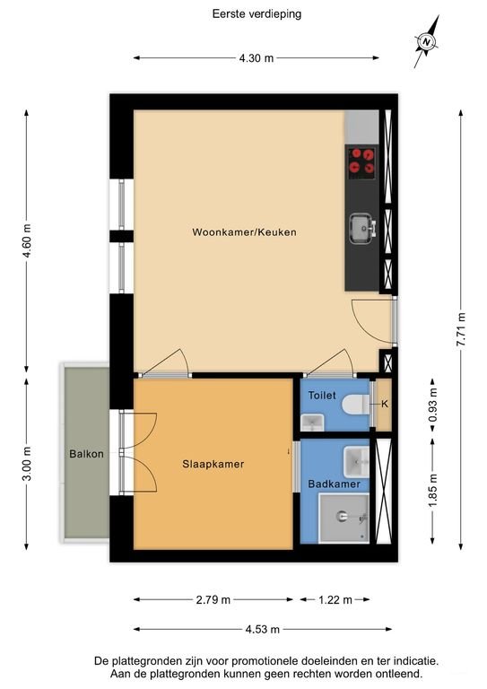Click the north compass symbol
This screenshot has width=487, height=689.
coord(427,40)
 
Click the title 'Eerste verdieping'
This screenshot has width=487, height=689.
coord(244,14)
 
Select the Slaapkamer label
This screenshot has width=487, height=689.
coord(213,464)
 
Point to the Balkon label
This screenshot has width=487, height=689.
coord(86,454)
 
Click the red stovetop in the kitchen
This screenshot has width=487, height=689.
coord(361,161)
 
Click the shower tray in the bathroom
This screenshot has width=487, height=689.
coord(344,518)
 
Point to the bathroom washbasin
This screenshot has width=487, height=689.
coord(357,461)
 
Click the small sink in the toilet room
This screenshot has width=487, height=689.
coord(312,421)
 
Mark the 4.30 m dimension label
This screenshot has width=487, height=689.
coord(256,58)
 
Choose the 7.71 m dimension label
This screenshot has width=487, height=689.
coord(461,329)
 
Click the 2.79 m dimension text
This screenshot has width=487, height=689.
coord(213,599)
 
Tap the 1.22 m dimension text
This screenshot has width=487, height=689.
coord(335,599)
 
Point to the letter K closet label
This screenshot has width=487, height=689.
coord(384,404)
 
